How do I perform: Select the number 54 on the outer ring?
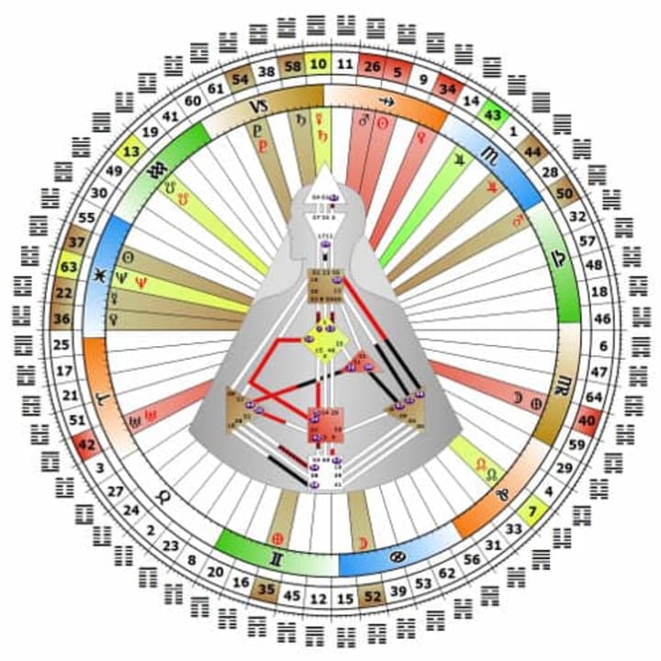coord(241,77)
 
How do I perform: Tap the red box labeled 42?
coord(88,447)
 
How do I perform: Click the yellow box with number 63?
coord(68,267)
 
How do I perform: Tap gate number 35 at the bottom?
coord(267,590)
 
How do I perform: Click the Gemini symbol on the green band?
coord(273,557)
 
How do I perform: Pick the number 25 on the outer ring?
coord(62,346)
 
